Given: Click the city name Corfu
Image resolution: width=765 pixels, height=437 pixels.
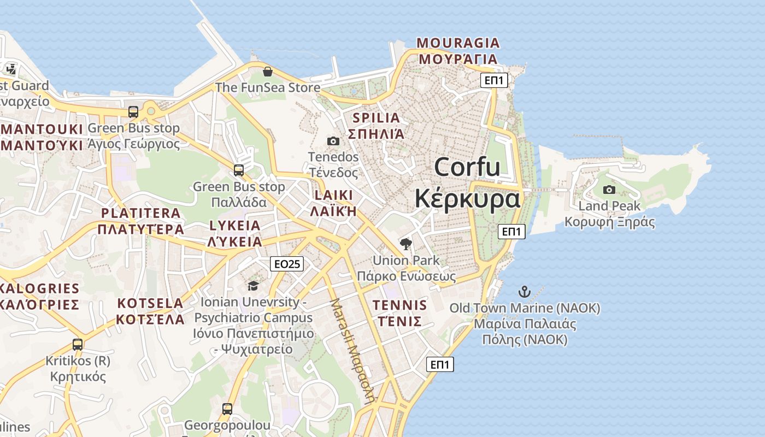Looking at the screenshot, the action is pos(467,167).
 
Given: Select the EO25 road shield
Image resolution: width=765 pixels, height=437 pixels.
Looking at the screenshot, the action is pos(287,264).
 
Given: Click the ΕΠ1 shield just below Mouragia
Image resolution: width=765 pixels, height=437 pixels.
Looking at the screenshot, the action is pos(495,81).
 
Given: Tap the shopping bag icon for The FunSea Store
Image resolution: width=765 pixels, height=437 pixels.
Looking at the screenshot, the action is pos(268,72).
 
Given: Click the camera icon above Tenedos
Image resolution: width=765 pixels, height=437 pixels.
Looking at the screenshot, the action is pos(333,141).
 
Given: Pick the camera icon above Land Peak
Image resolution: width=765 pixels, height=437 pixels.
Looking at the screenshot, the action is pos(609,190).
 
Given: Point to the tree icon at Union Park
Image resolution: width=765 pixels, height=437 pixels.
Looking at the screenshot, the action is pos(405,244).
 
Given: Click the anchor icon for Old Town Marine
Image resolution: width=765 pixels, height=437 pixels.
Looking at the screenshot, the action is pos(525,292).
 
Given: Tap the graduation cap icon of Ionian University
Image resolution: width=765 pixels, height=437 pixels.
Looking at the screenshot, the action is pos(253,286).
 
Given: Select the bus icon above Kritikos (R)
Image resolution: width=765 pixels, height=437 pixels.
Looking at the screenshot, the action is pos(78,345).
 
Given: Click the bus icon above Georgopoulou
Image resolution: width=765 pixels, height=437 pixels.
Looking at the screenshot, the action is pos(227,409).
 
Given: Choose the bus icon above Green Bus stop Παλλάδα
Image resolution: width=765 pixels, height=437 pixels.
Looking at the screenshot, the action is pos(239,170).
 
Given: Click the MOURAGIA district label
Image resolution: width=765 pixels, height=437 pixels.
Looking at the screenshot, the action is pos(458,43).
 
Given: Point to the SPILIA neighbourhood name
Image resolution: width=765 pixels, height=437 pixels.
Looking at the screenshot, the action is pos(376,117).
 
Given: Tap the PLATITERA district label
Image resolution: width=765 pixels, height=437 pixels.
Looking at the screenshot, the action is pos(140,213).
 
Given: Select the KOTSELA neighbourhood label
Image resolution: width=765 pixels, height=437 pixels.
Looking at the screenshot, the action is pos(150,303).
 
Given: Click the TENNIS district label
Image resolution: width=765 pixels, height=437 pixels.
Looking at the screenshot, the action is pos(399,305).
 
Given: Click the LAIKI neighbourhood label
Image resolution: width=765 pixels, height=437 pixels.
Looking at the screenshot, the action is pos(333,195).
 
